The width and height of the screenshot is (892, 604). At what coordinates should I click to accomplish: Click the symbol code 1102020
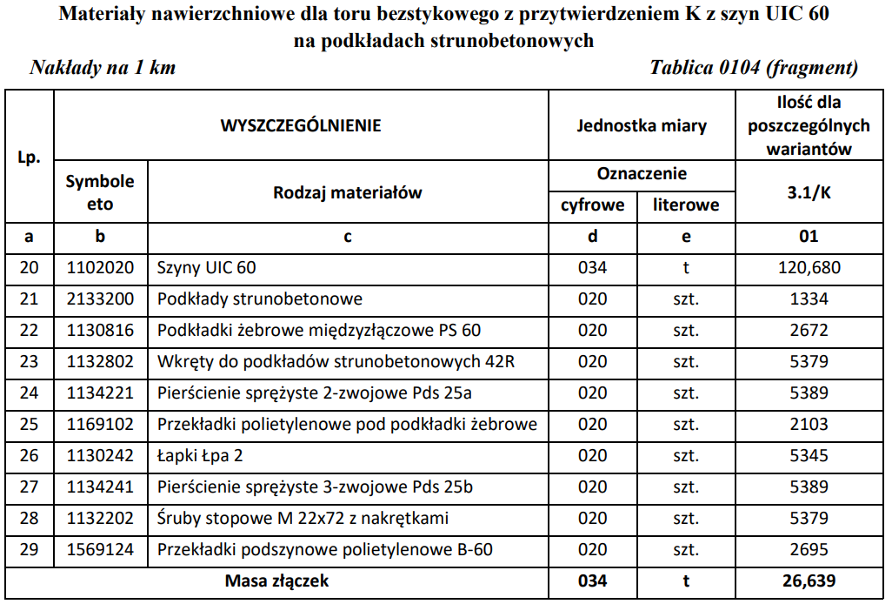101,268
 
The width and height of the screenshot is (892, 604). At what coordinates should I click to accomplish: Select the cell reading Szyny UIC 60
207,268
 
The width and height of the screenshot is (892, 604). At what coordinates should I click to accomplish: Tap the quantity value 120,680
809,268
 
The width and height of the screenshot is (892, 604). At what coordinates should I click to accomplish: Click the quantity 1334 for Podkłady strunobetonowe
809,299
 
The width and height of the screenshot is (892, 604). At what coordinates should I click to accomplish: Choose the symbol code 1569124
101,550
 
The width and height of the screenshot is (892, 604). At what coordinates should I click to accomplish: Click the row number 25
30,425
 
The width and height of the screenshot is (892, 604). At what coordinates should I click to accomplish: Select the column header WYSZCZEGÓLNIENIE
301,125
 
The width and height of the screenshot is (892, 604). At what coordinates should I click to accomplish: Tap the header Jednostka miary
642,125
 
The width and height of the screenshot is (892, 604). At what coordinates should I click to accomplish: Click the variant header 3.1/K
809,192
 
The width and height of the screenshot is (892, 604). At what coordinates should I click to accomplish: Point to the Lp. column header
30,158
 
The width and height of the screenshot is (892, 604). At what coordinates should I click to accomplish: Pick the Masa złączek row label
276,581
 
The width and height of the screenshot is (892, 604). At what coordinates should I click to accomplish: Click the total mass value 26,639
809,581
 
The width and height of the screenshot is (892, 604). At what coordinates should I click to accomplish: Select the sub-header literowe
686,205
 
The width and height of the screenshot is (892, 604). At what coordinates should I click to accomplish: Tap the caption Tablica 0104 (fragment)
754,68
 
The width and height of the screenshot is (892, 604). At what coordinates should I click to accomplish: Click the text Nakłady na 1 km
103,68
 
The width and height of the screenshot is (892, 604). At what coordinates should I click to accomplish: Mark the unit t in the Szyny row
686,268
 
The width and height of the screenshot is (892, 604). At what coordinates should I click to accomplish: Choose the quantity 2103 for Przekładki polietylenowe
809,425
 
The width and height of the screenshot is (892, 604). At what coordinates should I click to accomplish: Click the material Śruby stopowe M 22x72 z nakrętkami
303,519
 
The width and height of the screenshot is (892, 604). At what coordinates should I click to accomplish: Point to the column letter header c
348,236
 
